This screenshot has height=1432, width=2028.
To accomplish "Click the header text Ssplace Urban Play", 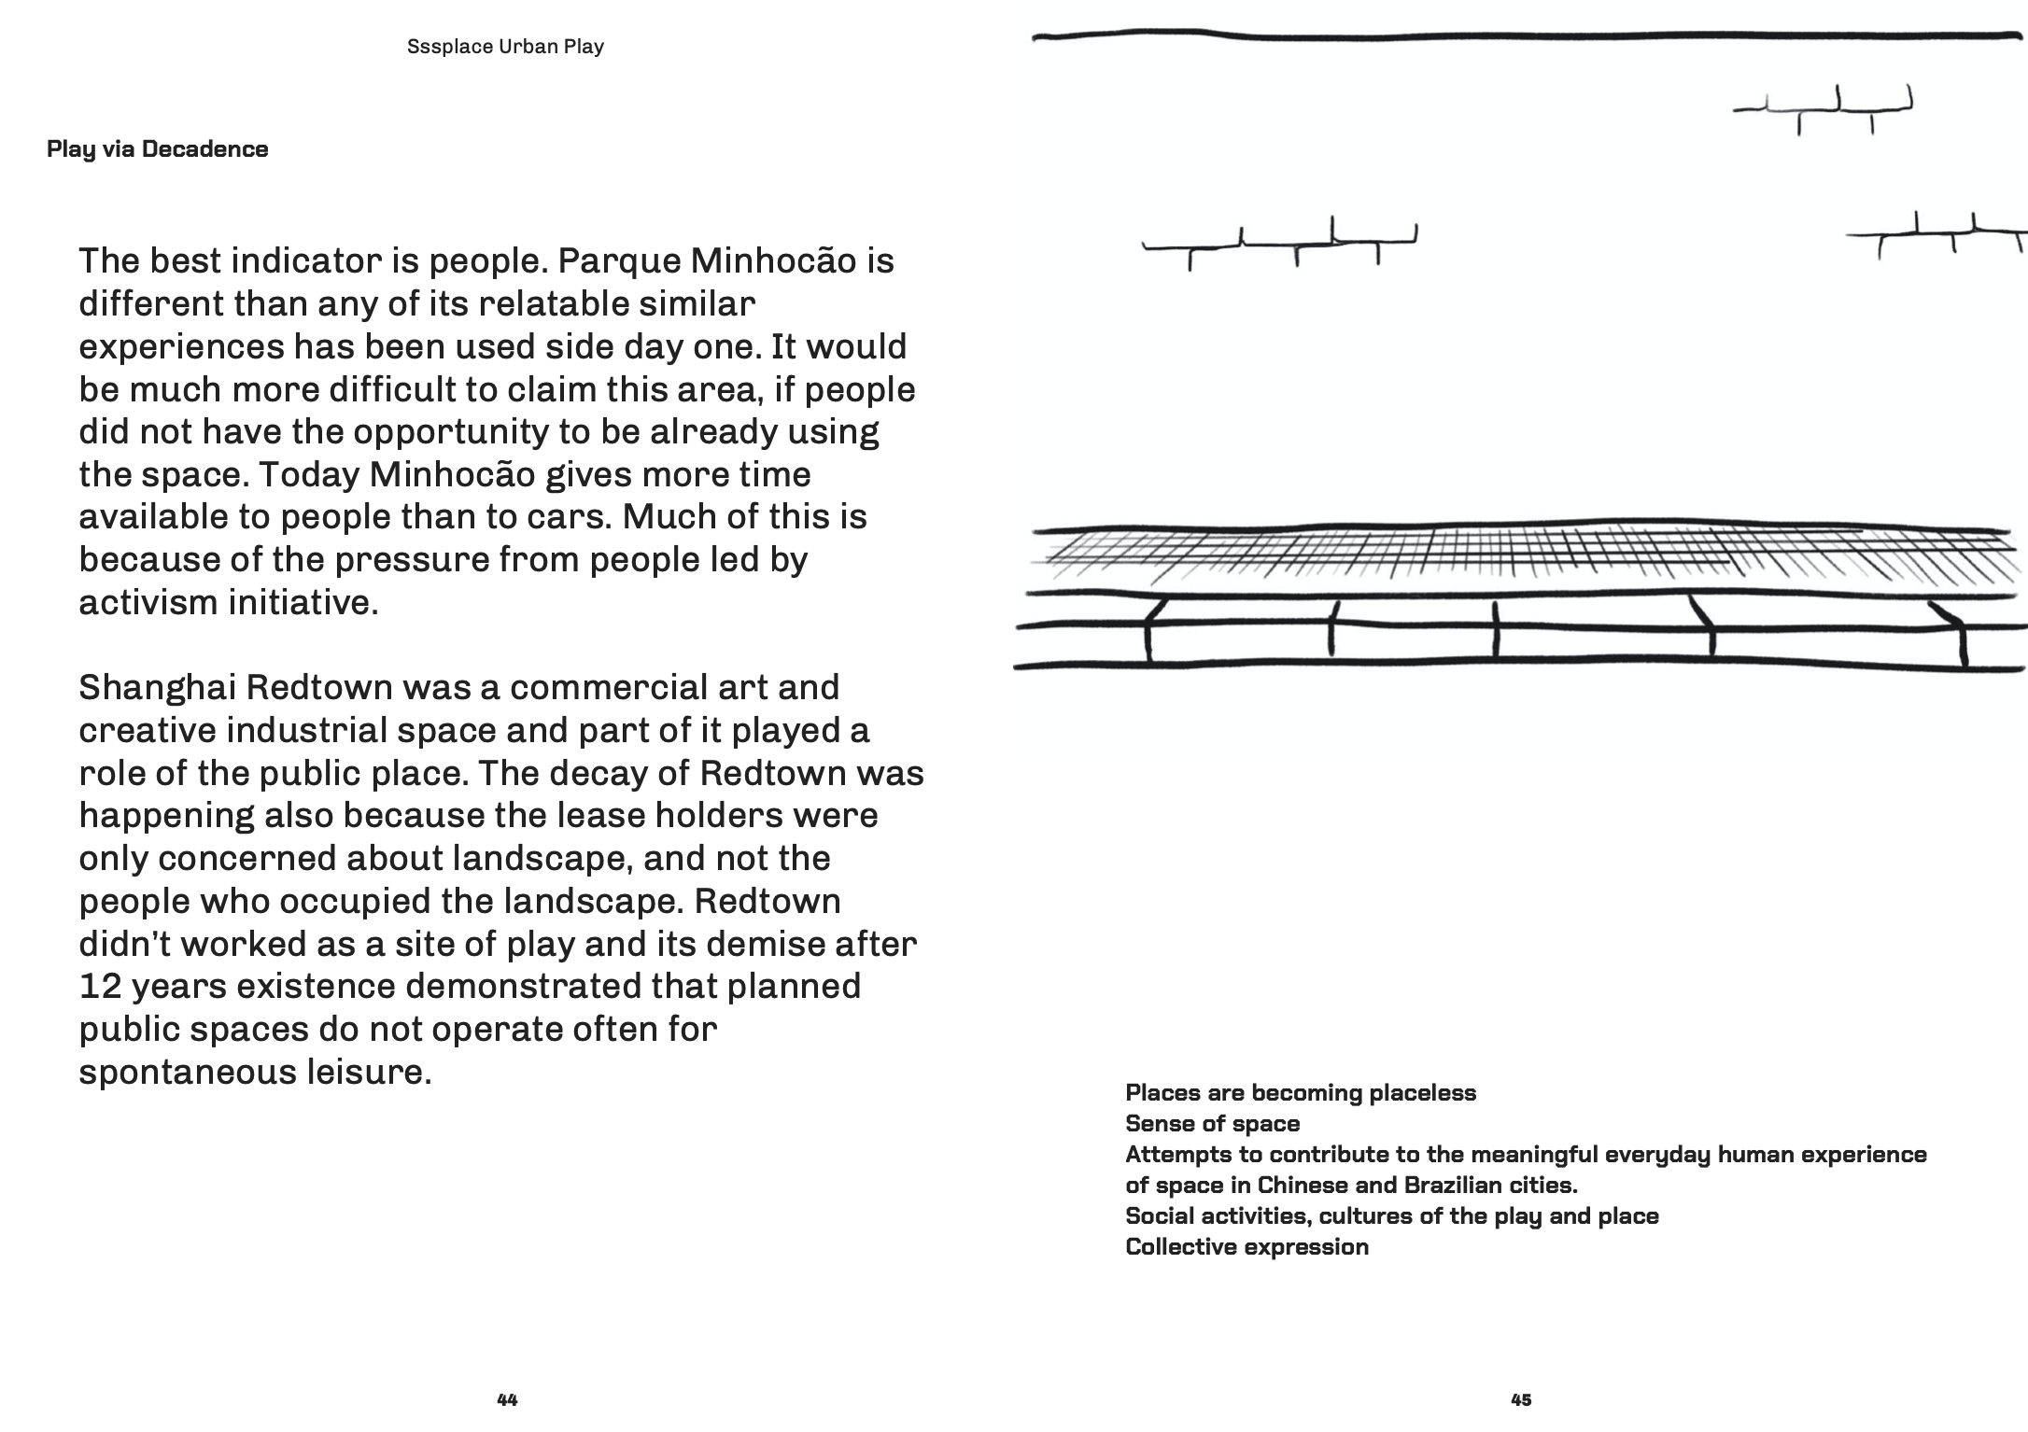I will [x=505, y=47].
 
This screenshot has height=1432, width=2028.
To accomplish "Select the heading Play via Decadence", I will [x=157, y=149].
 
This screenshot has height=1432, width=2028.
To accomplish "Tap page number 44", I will [x=507, y=1399].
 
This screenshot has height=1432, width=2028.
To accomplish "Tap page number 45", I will [x=1521, y=1399].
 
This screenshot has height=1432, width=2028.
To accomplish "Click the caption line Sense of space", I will [x=1212, y=1123].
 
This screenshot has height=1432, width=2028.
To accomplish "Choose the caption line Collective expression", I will [x=1246, y=1246].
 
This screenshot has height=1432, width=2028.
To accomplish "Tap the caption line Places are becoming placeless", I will [x=1301, y=1092].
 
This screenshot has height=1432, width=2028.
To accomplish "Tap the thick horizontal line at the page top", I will [x=1522, y=36].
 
